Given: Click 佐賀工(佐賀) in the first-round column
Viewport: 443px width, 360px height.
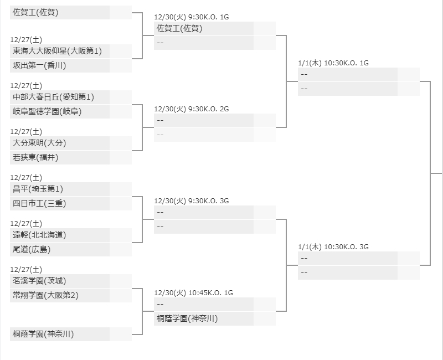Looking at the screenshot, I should (36, 12).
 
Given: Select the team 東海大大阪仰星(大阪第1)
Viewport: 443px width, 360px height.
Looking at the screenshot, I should (58, 51).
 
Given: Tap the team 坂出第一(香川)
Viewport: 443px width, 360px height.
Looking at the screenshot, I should (39, 65).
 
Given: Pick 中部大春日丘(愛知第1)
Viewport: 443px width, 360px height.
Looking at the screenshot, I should (54, 97).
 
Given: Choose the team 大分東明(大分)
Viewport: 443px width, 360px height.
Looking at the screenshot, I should (39, 143).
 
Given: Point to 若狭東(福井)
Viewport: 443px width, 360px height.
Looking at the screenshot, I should (35, 157).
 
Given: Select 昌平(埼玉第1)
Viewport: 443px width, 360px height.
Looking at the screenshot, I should (38, 189).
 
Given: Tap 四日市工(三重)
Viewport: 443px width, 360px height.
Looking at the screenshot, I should (39, 203).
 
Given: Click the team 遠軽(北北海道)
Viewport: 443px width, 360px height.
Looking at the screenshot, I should (39, 235).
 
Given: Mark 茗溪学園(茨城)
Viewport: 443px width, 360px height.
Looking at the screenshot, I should (39, 281).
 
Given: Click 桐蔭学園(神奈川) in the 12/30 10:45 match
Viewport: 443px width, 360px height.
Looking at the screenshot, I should (187, 318).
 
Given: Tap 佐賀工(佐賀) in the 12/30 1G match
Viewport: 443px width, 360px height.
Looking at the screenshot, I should (180, 28).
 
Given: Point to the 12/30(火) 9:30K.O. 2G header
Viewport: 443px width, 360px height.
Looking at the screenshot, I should (192, 109).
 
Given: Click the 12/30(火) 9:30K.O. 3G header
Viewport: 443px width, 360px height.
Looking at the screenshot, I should (192, 201).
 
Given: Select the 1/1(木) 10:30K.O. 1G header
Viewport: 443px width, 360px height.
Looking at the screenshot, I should (333, 63).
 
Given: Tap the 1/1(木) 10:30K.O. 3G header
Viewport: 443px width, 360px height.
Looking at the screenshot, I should (333, 247).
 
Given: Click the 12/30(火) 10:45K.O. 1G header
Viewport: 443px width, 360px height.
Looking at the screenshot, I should (193, 293).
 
